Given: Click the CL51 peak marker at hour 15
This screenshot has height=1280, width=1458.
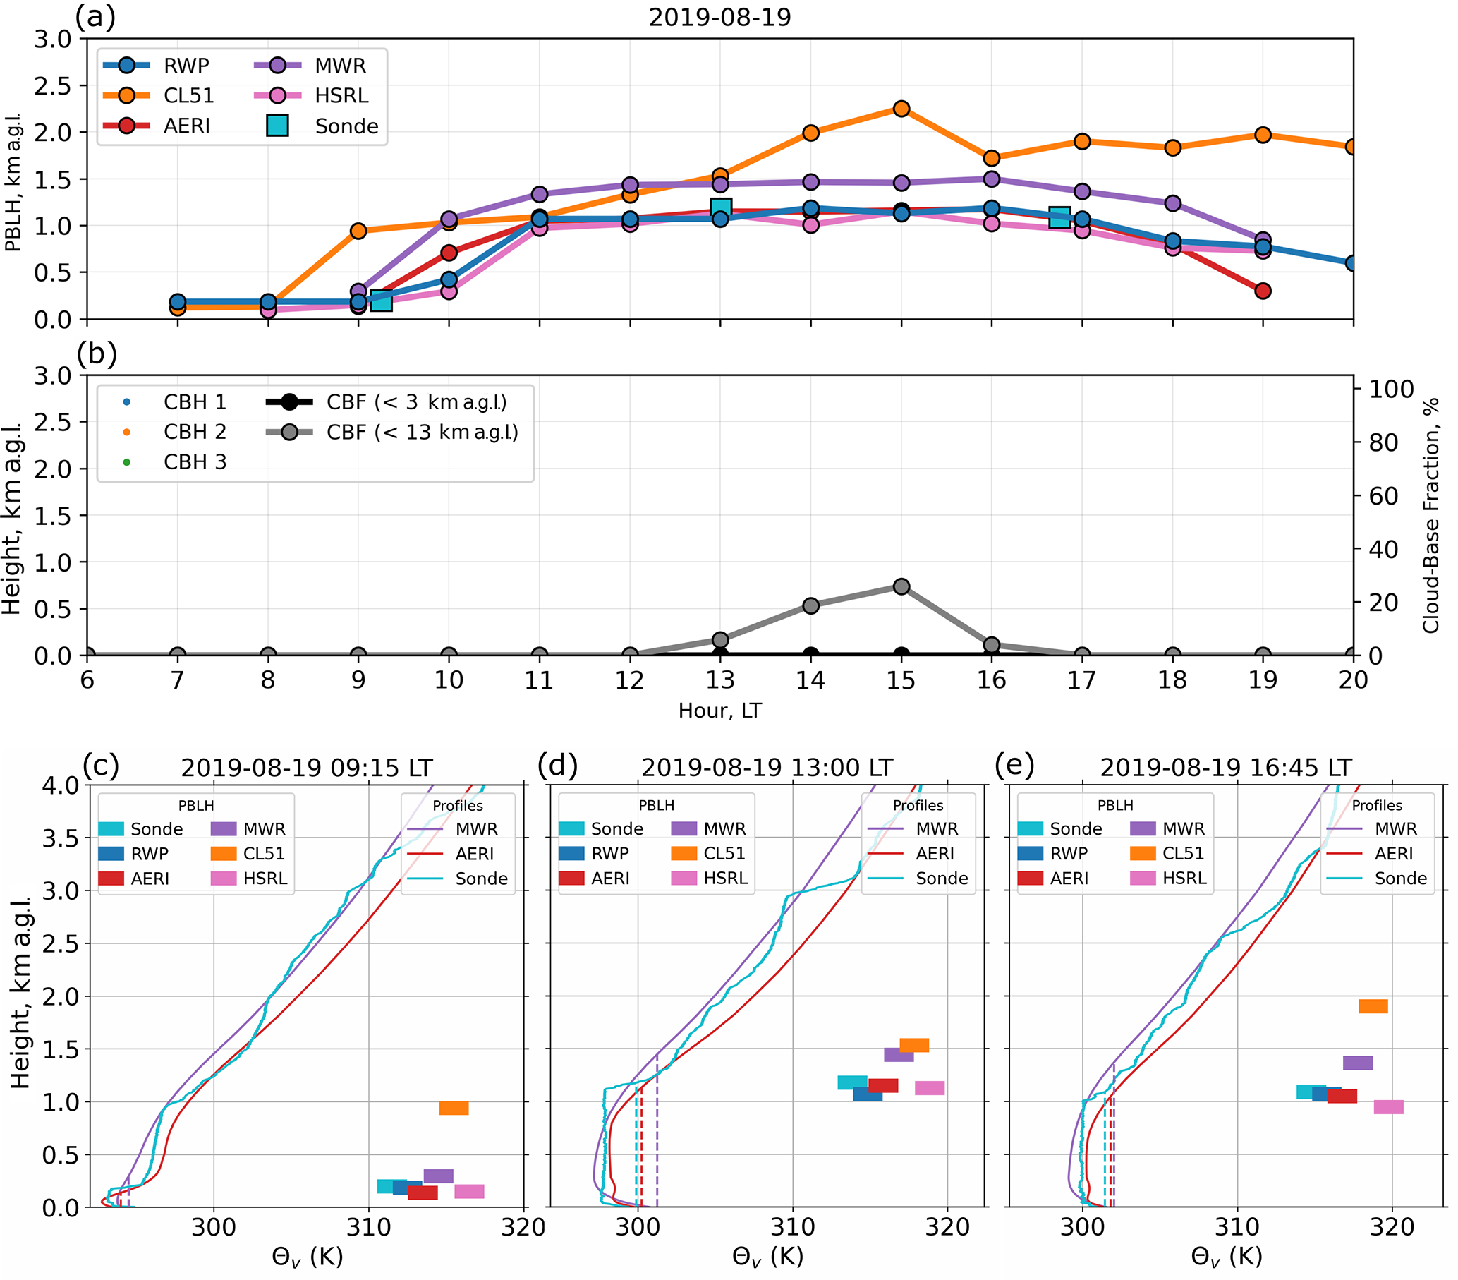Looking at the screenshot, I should tap(901, 109).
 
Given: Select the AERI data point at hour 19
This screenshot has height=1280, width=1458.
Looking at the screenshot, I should tap(1263, 291).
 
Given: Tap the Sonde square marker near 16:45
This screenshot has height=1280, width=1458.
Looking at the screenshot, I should tap(1059, 217).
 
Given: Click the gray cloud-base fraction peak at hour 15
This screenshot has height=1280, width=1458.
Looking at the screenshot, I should tap(901, 586).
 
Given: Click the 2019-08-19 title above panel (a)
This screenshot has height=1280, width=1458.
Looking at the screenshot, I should tap(719, 17).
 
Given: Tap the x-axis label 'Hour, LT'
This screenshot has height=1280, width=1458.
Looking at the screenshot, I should tap(719, 711).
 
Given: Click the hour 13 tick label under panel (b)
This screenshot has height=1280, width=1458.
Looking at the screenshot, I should tap(719, 680).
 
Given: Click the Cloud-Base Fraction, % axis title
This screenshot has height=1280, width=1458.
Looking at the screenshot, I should tap(1431, 515).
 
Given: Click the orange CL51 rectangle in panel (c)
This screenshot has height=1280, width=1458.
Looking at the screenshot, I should tap(454, 1108).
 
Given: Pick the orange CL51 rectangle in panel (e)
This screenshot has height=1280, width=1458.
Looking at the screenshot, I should tap(1373, 1006).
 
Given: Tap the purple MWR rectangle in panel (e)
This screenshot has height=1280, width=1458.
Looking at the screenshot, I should tap(1357, 1063).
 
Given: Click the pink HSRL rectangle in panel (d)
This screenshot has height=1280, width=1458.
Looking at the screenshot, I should tap(930, 1088).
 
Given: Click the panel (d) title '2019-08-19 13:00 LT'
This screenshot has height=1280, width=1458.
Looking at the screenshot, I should tap(767, 768).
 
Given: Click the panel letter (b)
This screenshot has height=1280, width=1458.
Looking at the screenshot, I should tap(97, 354).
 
